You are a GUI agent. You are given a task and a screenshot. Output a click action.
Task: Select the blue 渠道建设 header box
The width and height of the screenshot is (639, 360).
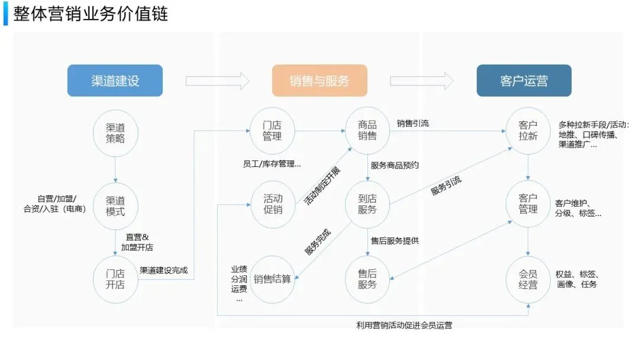[x=115, y=81]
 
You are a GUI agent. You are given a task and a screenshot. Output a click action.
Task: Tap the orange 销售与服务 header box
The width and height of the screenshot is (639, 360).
[x=319, y=81]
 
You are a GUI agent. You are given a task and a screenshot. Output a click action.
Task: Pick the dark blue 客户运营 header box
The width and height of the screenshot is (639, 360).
[x=524, y=81]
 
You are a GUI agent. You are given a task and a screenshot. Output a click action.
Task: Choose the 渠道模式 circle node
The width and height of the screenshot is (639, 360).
[x=115, y=205]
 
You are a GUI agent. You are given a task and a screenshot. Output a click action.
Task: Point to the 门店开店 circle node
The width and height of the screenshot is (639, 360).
[x=115, y=278]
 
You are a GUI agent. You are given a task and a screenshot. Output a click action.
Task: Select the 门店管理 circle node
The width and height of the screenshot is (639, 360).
[x=272, y=131]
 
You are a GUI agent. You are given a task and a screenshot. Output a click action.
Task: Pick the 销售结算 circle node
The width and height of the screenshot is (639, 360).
[x=272, y=279]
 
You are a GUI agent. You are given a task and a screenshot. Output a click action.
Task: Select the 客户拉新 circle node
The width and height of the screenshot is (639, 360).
[x=528, y=131]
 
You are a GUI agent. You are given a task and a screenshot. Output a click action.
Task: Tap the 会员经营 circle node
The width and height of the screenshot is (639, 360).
[x=528, y=279]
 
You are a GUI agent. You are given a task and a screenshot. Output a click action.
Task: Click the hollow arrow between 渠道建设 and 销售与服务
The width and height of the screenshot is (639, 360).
[x=218, y=81]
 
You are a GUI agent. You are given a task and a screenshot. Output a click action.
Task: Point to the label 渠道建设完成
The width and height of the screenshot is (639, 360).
[x=163, y=270]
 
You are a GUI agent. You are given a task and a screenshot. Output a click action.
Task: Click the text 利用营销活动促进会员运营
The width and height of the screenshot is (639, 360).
[x=408, y=325]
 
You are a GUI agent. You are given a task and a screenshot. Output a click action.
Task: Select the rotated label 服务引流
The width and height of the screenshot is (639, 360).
[x=446, y=185]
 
